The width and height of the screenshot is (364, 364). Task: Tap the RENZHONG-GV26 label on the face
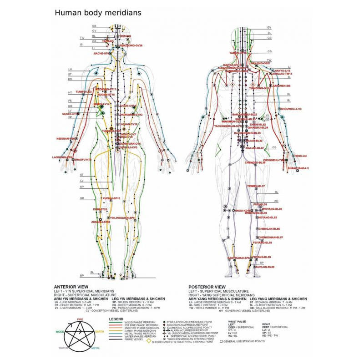(x=131, y=46)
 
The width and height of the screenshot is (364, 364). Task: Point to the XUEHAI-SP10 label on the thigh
(x=111, y=198)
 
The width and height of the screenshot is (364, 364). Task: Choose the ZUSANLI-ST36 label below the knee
(x=101, y=222)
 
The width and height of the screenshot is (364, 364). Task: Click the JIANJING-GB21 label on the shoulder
(x=261, y=63)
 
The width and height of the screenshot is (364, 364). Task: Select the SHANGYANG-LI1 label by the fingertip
(x=298, y=168)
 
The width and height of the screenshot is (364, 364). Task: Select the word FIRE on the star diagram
(x=80, y=320)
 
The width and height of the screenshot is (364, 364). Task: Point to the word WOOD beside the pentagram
(x=59, y=332)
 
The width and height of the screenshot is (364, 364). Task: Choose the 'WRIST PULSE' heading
(x=237, y=320)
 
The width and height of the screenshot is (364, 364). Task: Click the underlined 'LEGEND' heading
(x=117, y=319)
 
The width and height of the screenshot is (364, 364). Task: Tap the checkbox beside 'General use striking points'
(x=221, y=341)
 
